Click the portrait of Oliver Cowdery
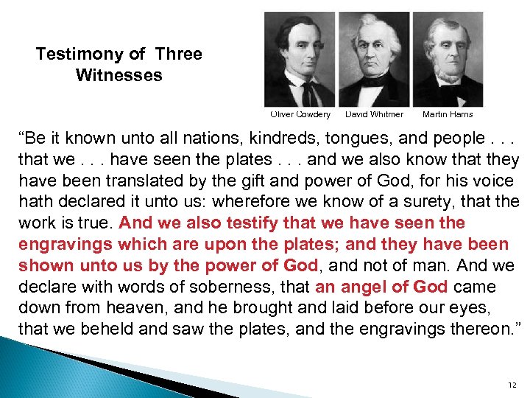(x=300, y=60)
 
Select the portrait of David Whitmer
(x=374, y=60)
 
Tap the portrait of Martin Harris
(x=448, y=60)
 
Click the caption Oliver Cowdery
(x=300, y=114)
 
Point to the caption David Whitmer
(x=374, y=114)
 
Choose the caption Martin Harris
(x=448, y=114)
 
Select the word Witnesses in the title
(x=119, y=75)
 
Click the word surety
(x=424, y=202)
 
